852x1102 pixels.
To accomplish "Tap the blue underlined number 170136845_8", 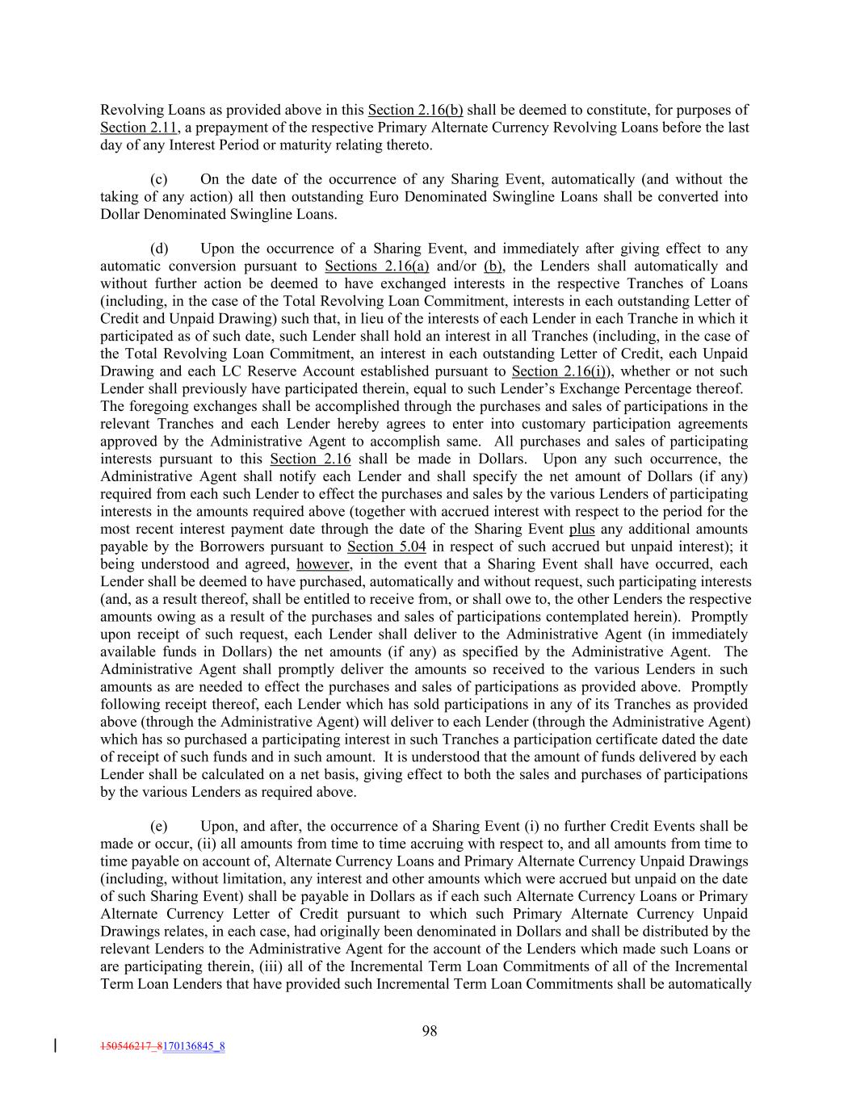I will click(194, 1046).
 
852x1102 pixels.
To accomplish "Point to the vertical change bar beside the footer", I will click(55, 1045).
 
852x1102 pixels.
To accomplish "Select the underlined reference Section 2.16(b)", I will click(415, 110).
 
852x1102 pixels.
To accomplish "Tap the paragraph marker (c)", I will click(159, 179).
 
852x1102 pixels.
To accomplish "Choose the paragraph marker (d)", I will click(159, 249).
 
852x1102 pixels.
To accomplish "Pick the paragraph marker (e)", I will click(159, 826).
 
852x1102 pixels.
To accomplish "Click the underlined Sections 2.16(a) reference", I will click(376, 266).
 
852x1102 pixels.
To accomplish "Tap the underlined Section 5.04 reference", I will click(386, 547).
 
